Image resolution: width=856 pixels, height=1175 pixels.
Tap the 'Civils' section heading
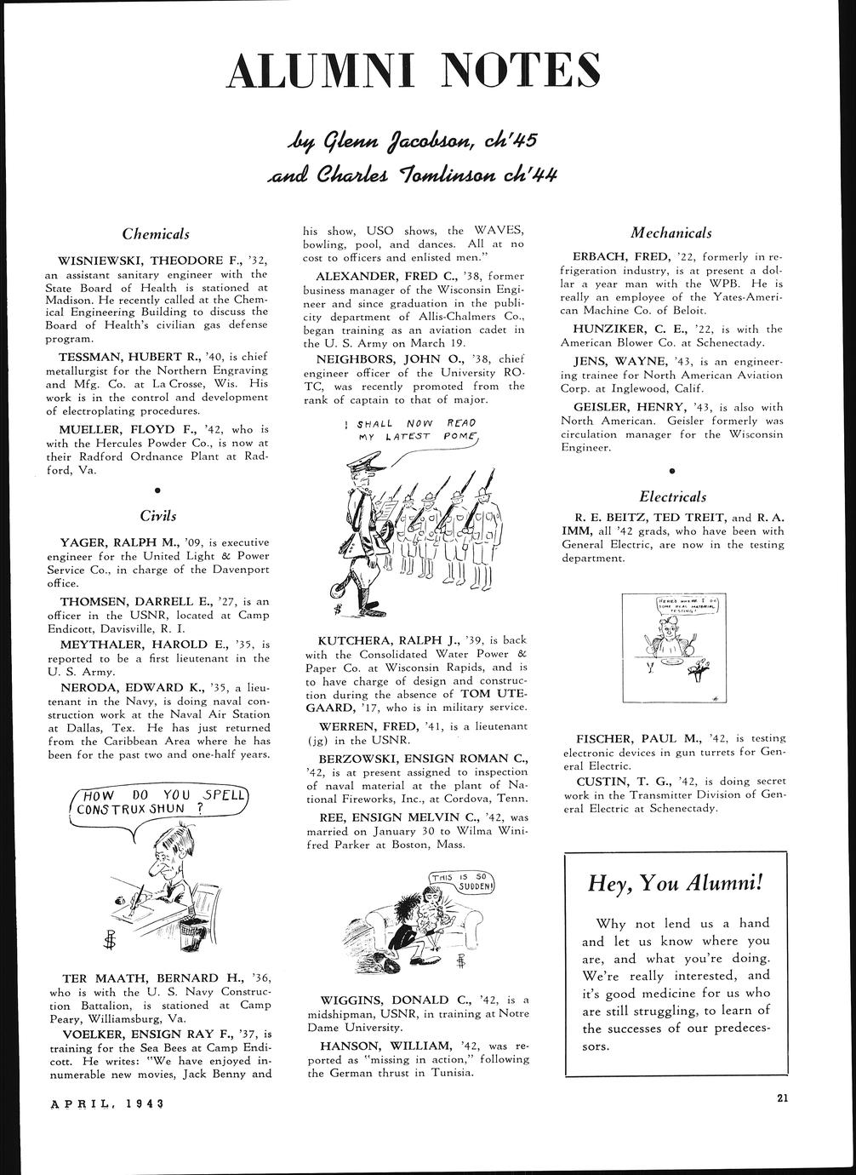(158, 515)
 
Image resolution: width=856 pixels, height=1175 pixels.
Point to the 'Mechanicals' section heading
(671, 232)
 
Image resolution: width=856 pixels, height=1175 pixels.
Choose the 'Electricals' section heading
(671, 496)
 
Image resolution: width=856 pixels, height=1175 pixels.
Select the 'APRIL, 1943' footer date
(106, 1103)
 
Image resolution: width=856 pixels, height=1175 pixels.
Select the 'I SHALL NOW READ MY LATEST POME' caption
(419, 429)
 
